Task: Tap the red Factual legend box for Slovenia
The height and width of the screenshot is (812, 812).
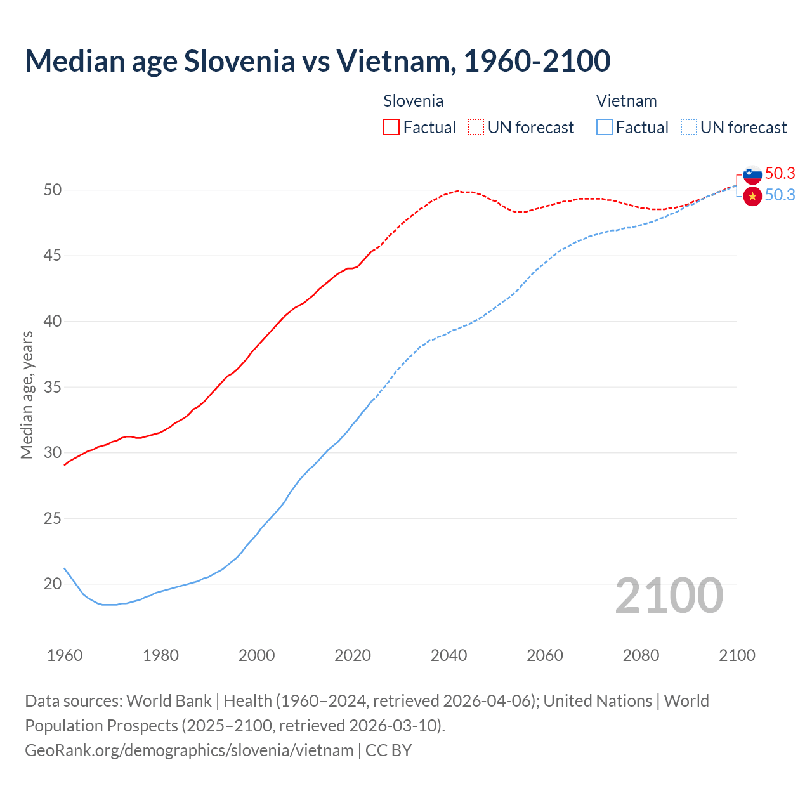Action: (x=391, y=128)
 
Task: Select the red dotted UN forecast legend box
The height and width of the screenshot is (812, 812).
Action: (x=476, y=128)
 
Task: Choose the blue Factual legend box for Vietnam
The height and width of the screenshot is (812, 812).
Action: (x=605, y=128)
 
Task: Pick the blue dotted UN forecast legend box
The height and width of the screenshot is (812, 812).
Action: (x=689, y=128)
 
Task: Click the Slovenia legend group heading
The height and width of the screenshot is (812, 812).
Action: (x=413, y=101)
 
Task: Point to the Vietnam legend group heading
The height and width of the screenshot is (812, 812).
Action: (x=626, y=101)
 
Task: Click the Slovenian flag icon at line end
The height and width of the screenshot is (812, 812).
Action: (x=752, y=174)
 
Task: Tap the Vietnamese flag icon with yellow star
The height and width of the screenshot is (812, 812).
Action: (x=752, y=197)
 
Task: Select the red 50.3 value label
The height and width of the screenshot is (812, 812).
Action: (x=780, y=173)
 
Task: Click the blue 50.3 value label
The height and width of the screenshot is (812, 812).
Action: (x=780, y=195)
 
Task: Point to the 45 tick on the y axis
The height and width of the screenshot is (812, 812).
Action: (x=53, y=256)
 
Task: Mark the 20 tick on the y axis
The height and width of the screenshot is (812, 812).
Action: (x=53, y=584)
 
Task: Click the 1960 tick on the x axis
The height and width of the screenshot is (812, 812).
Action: (x=65, y=655)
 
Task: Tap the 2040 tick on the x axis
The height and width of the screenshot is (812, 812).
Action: (x=449, y=655)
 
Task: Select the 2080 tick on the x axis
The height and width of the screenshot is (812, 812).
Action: (x=641, y=655)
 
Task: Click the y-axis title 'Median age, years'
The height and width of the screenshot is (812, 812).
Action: (x=27, y=395)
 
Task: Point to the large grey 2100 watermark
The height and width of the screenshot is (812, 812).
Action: (x=669, y=596)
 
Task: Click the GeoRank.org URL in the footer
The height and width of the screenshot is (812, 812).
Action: (x=189, y=750)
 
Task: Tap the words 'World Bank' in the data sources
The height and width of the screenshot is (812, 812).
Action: (x=169, y=701)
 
